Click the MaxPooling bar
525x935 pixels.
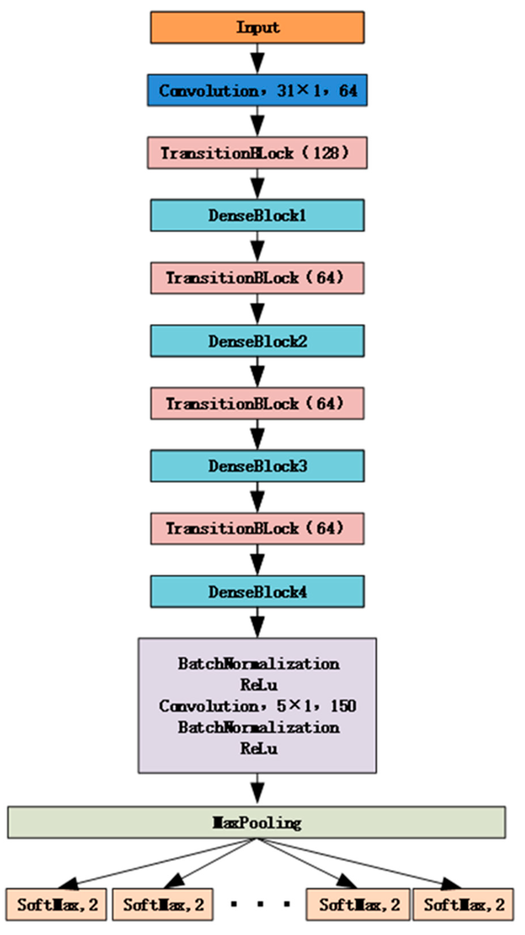pyautogui.click(x=256, y=823)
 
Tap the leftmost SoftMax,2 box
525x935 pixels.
pyautogui.click(x=56, y=905)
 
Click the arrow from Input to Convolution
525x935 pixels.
pyautogui.click(x=258, y=59)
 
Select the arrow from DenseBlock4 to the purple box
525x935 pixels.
pyautogui.click(x=258, y=622)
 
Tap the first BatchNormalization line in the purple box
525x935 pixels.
pyautogui.click(x=258, y=664)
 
